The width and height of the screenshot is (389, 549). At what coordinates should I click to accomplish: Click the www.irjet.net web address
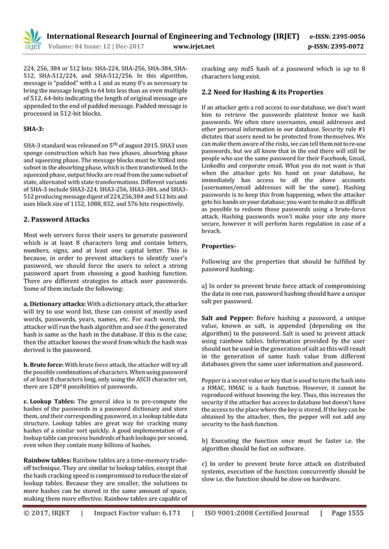tap(194, 45)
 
